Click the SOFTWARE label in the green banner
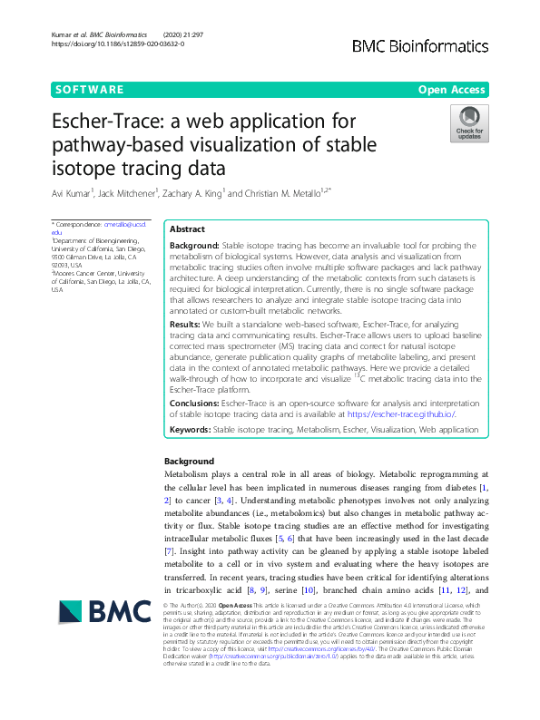[89, 90]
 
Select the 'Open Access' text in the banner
[454, 90]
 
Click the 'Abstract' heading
[188, 230]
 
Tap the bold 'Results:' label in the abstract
[187, 324]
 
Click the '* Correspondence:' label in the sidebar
[76, 223]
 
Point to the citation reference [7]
[168, 550]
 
